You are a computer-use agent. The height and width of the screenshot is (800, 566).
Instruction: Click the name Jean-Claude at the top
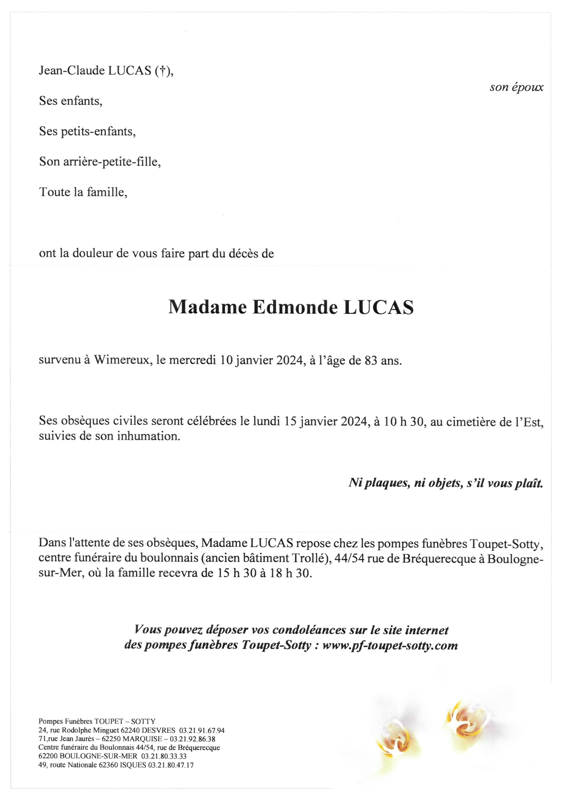tap(71, 71)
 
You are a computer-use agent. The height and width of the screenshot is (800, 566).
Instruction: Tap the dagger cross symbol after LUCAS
tap(161, 71)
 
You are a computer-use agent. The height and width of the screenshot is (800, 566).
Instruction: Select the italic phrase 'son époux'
tap(516, 87)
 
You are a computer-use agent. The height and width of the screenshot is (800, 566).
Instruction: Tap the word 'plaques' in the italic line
tap(386, 483)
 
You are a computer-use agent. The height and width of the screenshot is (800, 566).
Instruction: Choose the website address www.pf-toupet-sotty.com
tap(390, 645)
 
